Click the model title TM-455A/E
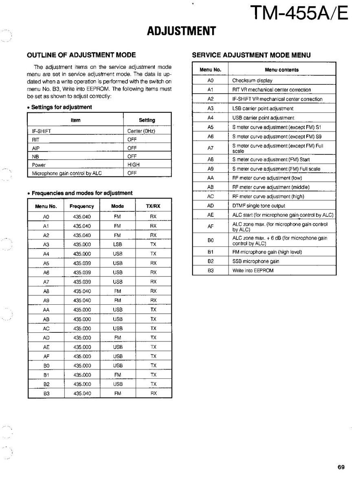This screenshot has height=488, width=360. coord(299,13)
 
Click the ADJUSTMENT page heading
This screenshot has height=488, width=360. coord(181,31)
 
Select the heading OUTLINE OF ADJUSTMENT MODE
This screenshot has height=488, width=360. coord(81,55)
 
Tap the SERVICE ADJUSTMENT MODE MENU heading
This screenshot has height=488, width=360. coord(251,55)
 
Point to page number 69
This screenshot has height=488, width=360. coord(341,467)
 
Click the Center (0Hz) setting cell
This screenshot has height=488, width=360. coord(141,131)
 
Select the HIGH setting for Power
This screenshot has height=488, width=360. coord(133,165)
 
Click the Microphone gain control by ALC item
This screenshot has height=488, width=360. coord(67,173)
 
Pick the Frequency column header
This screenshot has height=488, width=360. coord(81,206)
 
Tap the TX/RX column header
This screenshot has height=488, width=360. coord(153,206)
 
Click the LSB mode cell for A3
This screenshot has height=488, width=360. coord(118,244)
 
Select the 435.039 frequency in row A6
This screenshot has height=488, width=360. coord(82,273)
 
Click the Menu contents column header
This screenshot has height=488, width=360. coord(281,70)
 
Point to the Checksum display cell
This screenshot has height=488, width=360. coord(252,81)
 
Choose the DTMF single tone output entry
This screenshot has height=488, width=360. coord(259,206)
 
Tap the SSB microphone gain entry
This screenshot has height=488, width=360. coord(256,261)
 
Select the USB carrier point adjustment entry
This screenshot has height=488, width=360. coord(263,118)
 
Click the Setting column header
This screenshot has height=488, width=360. coord(147,120)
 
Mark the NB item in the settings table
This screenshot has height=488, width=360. coord(35,156)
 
